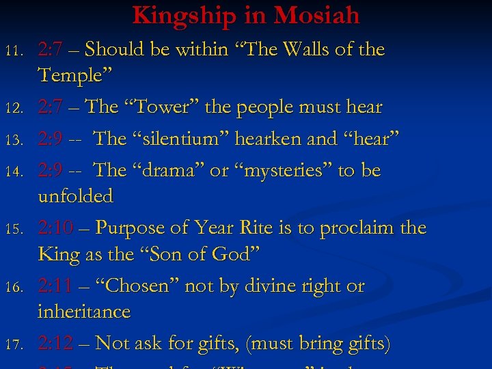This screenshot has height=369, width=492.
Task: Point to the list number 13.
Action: coord(14,140)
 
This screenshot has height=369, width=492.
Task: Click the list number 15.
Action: coord(14,229)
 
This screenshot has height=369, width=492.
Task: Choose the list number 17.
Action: coord(14,344)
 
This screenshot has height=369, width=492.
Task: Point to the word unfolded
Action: coord(75,196)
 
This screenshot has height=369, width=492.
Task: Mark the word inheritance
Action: coord(83,312)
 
